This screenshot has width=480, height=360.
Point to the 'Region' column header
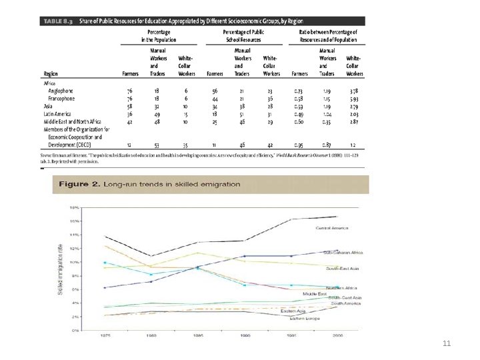(x=50, y=74)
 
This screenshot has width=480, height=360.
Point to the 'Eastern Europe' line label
(x=305, y=319)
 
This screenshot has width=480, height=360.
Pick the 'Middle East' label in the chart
(x=313, y=293)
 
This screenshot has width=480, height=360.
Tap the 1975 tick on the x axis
(x=105, y=335)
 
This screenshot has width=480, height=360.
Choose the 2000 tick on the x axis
(x=337, y=335)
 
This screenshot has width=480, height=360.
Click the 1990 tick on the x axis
(x=245, y=335)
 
